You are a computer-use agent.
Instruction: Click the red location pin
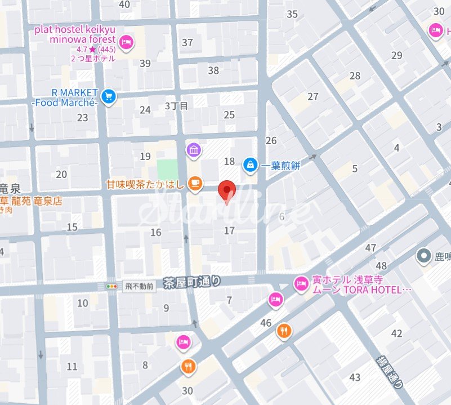(226, 190)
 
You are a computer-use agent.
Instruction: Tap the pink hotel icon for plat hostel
(127, 41)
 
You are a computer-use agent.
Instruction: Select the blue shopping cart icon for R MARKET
(109, 97)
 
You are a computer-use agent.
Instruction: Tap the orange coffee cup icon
(194, 183)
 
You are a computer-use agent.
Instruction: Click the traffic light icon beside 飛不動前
(114, 286)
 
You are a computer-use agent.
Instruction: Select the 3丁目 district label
(176, 105)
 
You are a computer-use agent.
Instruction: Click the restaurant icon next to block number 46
(284, 331)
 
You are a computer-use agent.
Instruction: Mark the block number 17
(229, 230)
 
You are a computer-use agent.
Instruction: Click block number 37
(187, 43)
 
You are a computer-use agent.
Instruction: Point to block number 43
(355, 377)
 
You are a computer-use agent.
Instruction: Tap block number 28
(355, 76)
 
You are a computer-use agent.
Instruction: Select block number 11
(72, 367)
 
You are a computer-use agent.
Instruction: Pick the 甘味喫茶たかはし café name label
(146, 184)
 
